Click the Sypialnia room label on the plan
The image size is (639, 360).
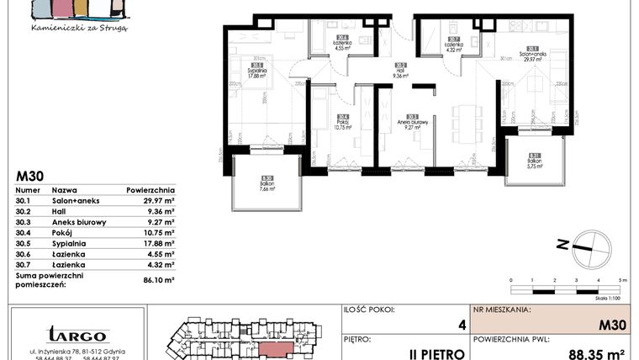tap(256, 71)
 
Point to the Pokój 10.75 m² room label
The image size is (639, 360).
tap(342, 124)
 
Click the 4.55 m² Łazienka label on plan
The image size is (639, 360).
tap(342, 45)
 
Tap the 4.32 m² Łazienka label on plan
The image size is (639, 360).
tap(452, 45)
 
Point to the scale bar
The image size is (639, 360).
tap(567, 285)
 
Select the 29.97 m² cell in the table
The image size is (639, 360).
tap(157, 201)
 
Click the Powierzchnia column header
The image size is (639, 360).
tap(151, 190)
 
